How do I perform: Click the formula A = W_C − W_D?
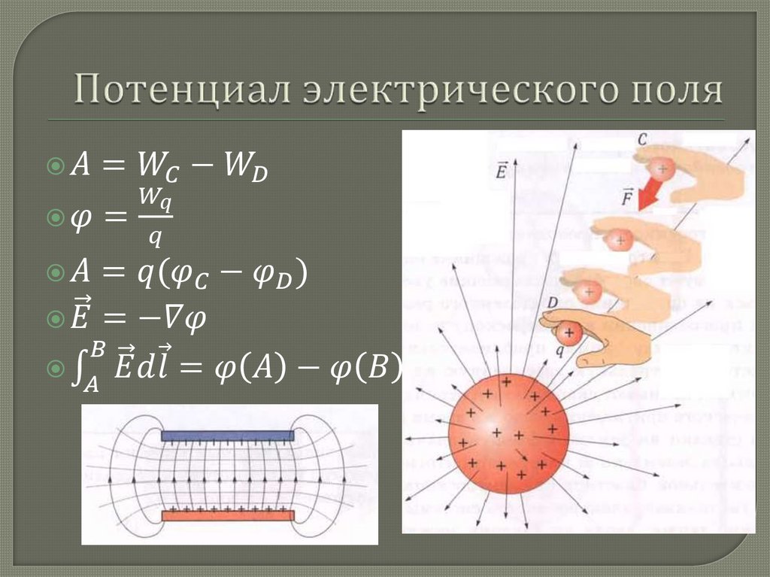point(169,168)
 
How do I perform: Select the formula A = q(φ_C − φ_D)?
point(189,275)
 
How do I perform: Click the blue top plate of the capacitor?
point(227,436)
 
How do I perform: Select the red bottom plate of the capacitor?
point(227,515)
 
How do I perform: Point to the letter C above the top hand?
point(641,139)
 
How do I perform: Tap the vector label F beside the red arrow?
point(626,199)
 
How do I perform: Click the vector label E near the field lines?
point(501,171)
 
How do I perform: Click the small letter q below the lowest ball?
point(559,349)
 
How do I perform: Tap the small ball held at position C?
point(662,169)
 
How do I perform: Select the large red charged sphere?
point(508,435)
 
